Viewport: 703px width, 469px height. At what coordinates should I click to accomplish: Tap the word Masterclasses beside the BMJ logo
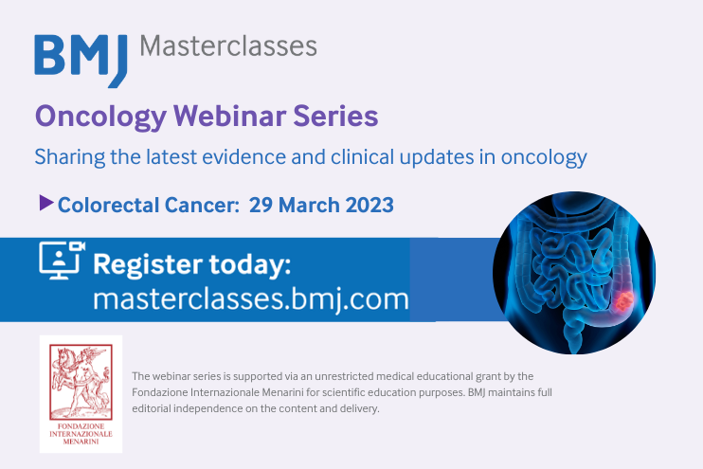coord(228,45)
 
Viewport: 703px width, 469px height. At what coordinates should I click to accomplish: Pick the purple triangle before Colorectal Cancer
coord(45,202)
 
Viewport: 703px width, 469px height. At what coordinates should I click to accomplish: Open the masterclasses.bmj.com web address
coord(251,299)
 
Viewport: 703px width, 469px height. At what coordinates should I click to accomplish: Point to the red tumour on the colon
coord(623,303)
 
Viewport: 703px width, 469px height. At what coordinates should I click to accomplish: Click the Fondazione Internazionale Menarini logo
coord(81,393)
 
